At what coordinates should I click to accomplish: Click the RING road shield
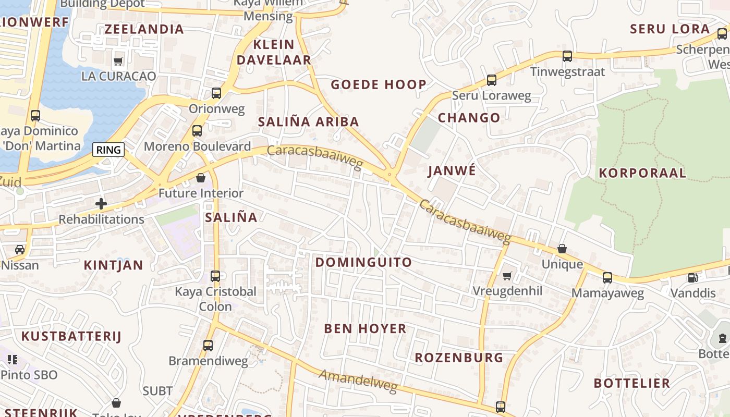108,150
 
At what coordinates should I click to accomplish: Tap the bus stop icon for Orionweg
216,93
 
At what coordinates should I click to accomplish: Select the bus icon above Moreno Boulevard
197,131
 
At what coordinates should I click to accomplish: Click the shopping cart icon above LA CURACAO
118,61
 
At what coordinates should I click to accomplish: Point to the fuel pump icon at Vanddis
692,278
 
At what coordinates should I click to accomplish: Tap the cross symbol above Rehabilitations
101,204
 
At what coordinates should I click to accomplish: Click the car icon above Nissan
20,250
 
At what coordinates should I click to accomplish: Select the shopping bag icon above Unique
562,249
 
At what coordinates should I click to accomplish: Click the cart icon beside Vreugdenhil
507,276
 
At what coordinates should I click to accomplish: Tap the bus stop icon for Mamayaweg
607,277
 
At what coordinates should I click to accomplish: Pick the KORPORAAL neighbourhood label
642,173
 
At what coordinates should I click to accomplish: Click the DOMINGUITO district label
363,262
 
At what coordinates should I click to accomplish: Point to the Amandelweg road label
358,381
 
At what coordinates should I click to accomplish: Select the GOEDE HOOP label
379,84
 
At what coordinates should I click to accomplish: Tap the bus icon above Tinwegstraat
567,56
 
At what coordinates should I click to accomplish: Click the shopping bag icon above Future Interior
201,178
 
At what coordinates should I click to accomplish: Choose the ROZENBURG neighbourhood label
459,358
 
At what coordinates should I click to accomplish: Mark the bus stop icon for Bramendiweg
208,345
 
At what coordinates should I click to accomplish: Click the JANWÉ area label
452,171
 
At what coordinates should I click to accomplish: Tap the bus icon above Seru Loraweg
491,80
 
